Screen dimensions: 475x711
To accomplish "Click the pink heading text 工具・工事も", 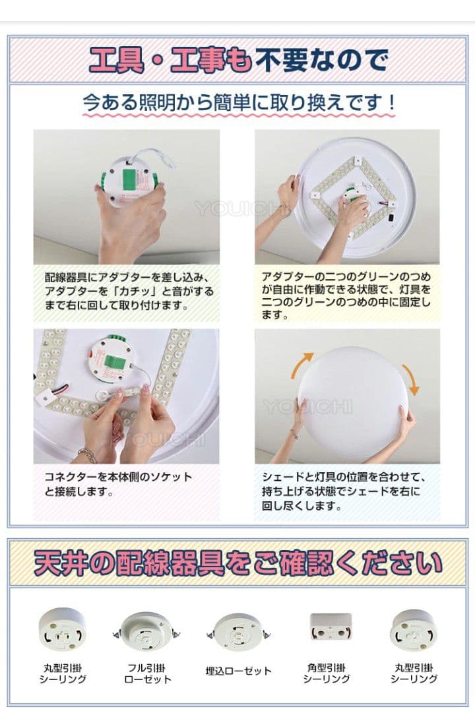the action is pyautogui.click(x=170, y=60).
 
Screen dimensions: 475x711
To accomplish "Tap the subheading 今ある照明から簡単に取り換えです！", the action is pyautogui.click(x=239, y=103).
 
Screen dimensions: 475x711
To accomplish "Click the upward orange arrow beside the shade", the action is pyautogui.click(x=301, y=365).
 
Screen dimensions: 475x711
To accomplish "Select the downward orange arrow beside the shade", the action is pyautogui.click(x=411, y=379).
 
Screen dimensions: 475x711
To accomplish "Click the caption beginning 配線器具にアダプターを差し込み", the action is pyautogui.click(x=129, y=291).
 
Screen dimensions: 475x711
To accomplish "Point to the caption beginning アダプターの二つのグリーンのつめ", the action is pyautogui.click(x=346, y=295).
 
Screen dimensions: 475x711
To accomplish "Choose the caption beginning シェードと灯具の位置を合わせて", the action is pyautogui.click(x=344, y=491).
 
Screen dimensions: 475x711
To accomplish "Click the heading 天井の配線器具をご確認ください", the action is pyautogui.click(x=238, y=563).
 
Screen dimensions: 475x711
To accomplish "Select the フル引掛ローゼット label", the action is pyautogui.click(x=147, y=673).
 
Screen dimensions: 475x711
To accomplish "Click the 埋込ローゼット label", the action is pyautogui.click(x=238, y=671).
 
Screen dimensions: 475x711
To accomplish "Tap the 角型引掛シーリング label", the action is pyautogui.click(x=326, y=673).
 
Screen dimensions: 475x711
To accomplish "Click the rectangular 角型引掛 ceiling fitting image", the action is pyautogui.click(x=331, y=626).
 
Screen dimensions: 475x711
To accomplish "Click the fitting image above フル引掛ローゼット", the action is pyautogui.click(x=146, y=631).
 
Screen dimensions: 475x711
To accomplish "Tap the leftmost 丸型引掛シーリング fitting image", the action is pyautogui.click(x=62, y=630).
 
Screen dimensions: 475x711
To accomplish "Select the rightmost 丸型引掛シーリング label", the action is pyautogui.click(x=414, y=673).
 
